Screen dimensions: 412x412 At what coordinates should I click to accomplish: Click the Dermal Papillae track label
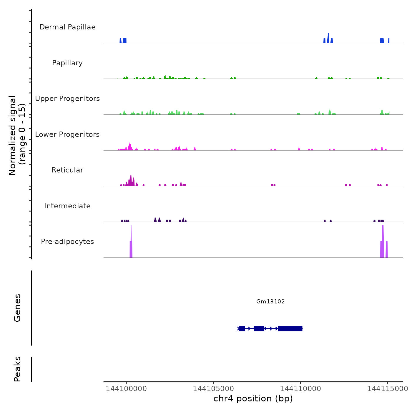[x=67, y=27]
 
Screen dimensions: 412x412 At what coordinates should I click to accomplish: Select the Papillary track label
[x=67, y=63]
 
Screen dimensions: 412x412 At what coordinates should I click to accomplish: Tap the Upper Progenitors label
[x=67, y=99]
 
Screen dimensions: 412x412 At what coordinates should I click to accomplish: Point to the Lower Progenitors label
[x=67, y=134]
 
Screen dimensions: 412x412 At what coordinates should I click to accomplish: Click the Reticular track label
[x=67, y=170]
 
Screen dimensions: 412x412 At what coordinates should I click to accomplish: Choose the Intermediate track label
[x=67, y=206]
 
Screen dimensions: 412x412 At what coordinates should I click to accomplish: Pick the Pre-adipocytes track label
[x=67, y=242]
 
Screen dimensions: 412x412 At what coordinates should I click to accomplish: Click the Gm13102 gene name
[x=270, y=301]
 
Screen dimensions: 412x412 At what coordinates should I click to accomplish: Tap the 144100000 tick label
[x=126, y=388]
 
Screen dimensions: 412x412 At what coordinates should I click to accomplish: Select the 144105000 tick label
[x=213, y=388]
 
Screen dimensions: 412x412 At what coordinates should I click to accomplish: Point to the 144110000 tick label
[x=300, y=388]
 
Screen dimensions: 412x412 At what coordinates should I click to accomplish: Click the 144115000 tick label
[x=387, y=388]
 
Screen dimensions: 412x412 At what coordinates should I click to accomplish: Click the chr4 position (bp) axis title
[x=253, y=398]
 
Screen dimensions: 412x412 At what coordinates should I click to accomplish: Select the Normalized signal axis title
[x=17, y=135]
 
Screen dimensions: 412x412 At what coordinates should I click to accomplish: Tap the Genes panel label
[x=17, y=308]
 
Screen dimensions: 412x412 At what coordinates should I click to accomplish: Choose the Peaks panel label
[x=17, y=369]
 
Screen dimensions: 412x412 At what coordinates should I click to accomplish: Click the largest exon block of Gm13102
[x=290, y=328]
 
